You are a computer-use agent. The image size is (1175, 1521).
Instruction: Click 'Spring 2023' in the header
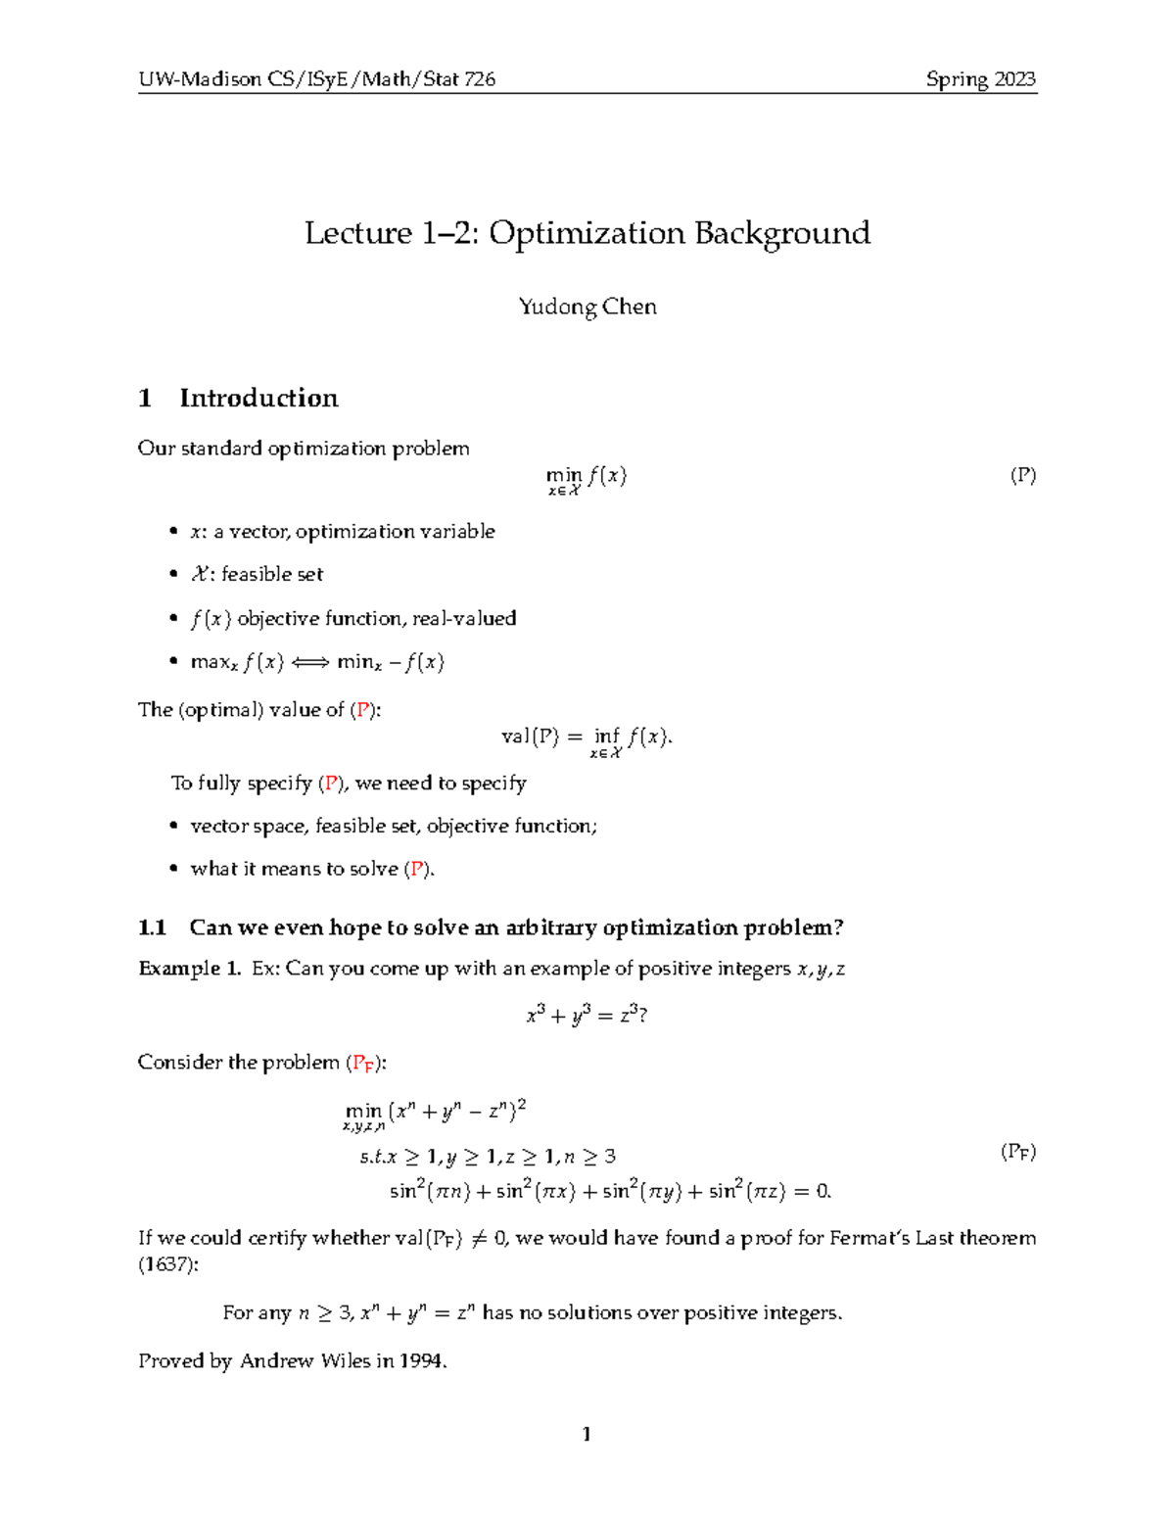click(980, 79)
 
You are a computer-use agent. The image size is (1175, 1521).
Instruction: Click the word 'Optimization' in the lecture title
click(587, 233)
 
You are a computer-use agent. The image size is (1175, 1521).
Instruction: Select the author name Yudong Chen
click(587, 307)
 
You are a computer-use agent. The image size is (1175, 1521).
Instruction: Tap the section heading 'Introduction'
click(258, 398)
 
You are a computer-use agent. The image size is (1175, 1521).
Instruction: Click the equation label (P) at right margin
click(1022, 476)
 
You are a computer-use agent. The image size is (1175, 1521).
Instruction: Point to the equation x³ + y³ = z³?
click(587, 1016)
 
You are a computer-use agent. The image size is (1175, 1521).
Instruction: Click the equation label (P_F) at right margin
click(1017, 1152)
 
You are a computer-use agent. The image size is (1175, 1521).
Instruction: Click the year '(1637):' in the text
click(167, 1264)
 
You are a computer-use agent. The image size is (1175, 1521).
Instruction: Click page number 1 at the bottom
click(587, 1435)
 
